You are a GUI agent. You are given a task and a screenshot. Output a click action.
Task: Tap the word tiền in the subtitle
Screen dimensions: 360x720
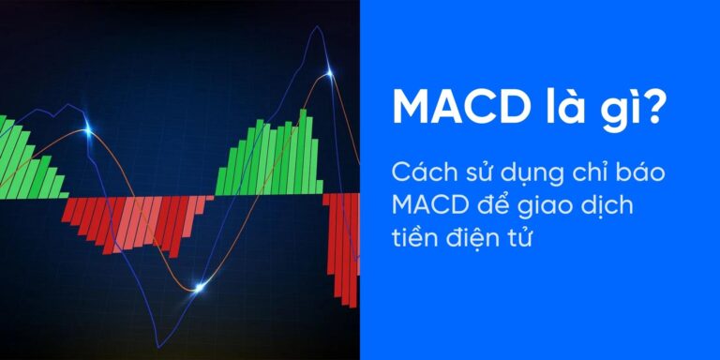413,241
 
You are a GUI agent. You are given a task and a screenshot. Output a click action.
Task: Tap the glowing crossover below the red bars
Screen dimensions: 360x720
198,286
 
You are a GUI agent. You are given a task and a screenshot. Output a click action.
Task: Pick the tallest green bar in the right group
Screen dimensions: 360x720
303,150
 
